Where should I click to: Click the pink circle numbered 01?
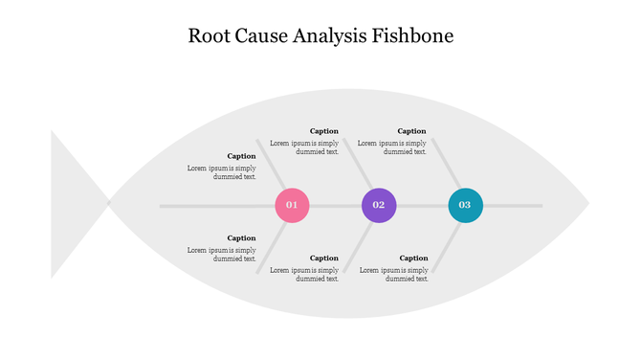click(292, 205)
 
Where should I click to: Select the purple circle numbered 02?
click(379, 205)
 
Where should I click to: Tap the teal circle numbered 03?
click(465, 205)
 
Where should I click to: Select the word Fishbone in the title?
click(418, 36)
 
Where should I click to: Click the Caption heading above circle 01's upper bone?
click(241, 156)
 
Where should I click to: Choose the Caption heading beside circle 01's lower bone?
click(241, 238)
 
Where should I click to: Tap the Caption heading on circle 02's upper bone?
click(323, 131)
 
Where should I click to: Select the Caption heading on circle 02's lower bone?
click(323, 258)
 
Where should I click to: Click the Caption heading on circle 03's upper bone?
click(411, 131)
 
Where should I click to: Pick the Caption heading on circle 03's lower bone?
click(413, 258)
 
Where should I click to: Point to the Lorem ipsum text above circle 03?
click(392, 147)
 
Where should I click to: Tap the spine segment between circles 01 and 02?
click(335, 206)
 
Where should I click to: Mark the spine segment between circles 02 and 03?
click(422, 206)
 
